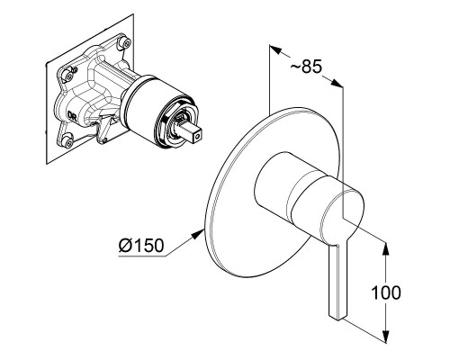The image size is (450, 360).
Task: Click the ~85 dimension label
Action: click(306, 66)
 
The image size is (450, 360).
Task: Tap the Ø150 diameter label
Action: click(141, 245)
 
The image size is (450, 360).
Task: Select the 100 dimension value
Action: click(386, 292)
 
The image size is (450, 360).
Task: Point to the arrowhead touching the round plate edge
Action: click(198, 233)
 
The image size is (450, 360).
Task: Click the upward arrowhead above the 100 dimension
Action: click(386, 248)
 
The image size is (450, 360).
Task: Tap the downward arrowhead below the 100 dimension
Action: click(386, 336)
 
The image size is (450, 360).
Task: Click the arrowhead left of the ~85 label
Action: click(276, 49)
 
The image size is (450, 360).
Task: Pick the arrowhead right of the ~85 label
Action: click(337, 83)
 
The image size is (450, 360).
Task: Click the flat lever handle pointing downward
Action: click(338, 280)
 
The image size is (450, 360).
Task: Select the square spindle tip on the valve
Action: click(192, 134)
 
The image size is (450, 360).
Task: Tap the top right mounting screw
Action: click(126, 42)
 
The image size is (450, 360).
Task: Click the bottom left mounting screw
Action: click(69, 141)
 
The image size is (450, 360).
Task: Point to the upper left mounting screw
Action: click(68, 76)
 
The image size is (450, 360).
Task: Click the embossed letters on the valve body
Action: click(72, 115)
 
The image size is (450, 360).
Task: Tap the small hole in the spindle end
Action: click(197, 137)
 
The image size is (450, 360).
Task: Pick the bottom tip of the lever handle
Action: click(338, 318)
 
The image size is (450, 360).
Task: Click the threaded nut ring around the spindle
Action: click(175, 122)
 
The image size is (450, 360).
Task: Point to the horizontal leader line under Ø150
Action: click(142, 256)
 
